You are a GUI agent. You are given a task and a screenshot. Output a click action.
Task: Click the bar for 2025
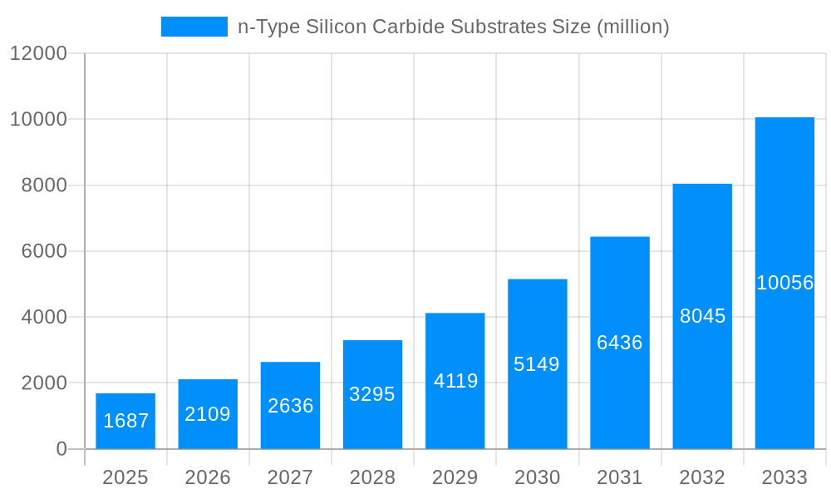125,421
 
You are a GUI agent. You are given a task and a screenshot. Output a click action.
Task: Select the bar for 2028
372,394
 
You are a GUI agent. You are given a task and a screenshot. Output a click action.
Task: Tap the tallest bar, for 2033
784,283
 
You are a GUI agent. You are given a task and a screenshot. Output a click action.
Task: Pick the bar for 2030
537,363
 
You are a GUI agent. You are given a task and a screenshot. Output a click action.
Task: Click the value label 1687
125,421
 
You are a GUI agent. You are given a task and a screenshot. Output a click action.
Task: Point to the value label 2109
208,414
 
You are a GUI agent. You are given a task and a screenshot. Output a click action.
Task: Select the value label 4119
455,381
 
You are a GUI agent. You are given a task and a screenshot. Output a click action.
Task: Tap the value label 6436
620,343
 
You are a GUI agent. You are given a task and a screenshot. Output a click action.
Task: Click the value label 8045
702,316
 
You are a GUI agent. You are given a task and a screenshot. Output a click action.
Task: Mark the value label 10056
784,283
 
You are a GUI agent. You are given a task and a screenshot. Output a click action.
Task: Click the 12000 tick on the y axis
38,53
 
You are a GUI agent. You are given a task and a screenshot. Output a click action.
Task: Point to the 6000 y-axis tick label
43,251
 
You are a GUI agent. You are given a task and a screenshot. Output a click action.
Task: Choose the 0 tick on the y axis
61,449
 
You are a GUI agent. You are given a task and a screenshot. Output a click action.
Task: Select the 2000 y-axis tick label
43,383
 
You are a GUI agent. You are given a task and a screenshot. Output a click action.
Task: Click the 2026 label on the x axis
208,477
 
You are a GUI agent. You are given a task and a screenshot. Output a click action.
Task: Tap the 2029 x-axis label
455,477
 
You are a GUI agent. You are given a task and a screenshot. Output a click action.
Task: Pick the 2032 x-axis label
702,477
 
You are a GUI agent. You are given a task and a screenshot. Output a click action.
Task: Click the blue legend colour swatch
194,27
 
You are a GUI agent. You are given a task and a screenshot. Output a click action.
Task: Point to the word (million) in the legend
633,27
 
